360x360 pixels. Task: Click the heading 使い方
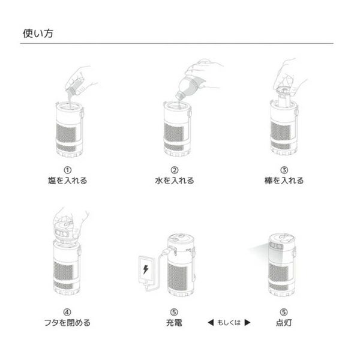pyautogui.click(x=38, y=34)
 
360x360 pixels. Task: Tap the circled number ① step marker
pyautogui.click(x=67, y=170)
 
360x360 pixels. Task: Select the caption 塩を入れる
pyautogui.click(x=67, y=181)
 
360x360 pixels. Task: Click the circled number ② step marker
pyautogui.click(x=175, y=170)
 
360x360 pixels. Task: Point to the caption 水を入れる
pyautogui.click(x=175, y=181)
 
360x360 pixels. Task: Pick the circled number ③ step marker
pyautogui.click(x=284, y=170)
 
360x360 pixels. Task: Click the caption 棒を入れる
pyautogui.click(x=284, y=181)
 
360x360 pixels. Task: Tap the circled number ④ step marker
pyautogui.click(x=67, y=312)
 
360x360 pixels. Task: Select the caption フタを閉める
pyautogui.click(x=67, y=323)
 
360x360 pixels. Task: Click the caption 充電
pyautogui.click(x=174, y=323)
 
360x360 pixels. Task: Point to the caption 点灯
pyautogui.click(x=284, y=323)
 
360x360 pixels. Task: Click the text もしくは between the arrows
pyautogui.click(x=229, y=323)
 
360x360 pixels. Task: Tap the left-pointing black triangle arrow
pyautogui.click(x=211, y=323)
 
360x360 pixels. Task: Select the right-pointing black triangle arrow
pyautogui.click(x=247, y=323)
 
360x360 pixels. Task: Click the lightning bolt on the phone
pyautogui.click(x=146, y=269)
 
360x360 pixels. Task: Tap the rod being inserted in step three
pyautogui.click(x=284, y=96)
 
